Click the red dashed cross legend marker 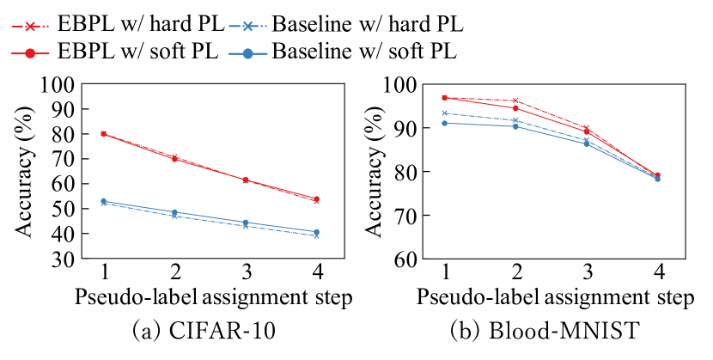coord(30,26)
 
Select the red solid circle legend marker coord(30,53)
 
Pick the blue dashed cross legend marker coord(248,26)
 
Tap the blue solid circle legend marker coord(248,53)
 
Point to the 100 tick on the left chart coord(61,85)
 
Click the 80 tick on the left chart coord(61,135)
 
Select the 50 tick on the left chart coord(61,210)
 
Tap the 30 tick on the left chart coord(61,259)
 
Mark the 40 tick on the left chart coord(61,235)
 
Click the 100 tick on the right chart coord(401,85)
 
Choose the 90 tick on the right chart coord(401,129)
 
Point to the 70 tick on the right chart coord(401,217)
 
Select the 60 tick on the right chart coord(401,259)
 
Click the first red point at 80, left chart coord(103,134)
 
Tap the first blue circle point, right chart coord(444,123)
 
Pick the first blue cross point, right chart coord(444,113)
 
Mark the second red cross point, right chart coord(515,101)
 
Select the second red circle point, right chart coord(515,108)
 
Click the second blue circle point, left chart coord(174,212)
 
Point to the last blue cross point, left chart coord(317,235)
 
